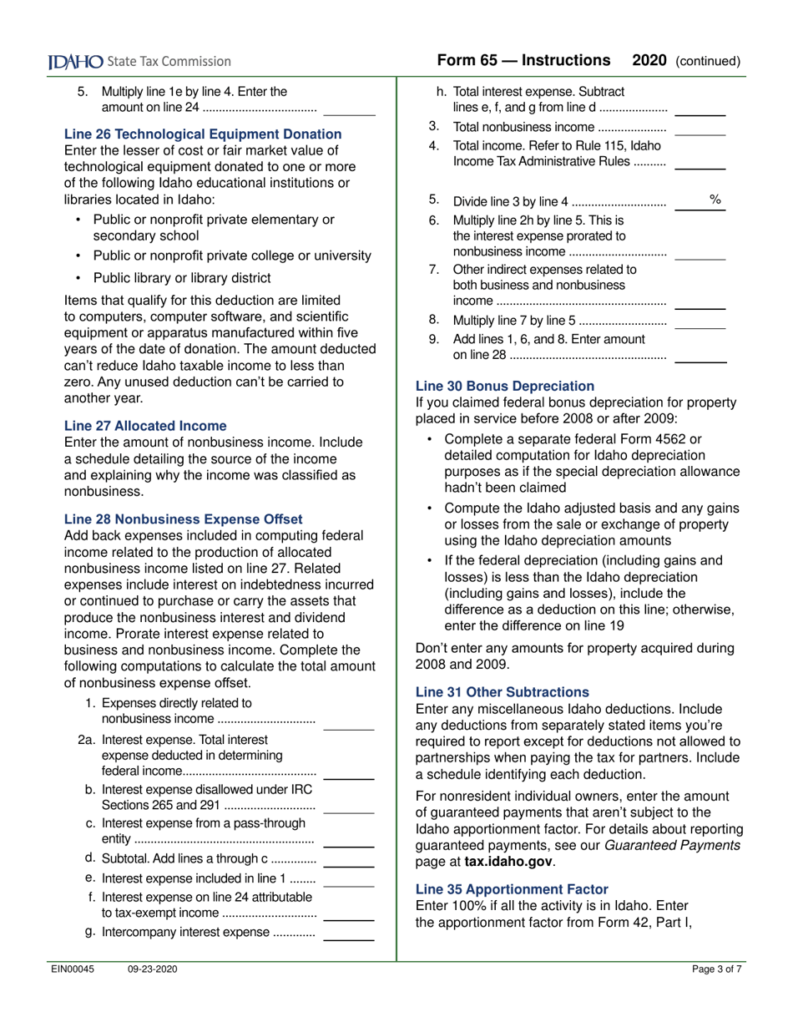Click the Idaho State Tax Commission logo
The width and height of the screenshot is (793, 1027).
(139, 61)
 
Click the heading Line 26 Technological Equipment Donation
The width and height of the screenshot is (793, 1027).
(203, 134)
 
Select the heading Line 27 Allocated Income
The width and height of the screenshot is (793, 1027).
(145, 426)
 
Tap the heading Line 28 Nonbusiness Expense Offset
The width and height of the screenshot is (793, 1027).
(183, 519)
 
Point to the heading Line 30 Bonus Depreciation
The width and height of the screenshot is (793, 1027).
(505, 386)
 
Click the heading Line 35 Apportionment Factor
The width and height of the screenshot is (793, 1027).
(512, 889)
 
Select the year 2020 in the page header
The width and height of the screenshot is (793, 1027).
(649, 60)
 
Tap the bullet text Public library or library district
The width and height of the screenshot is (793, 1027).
(181, 278)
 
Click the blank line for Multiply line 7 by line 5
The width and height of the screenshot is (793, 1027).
(700, 325)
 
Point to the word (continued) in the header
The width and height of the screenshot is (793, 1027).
(708, 61)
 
